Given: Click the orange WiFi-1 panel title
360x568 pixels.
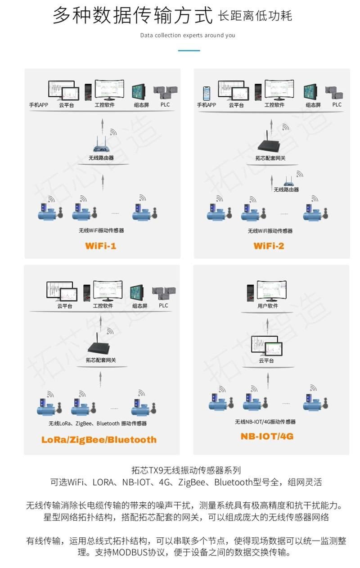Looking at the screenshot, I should [x=101, y=246].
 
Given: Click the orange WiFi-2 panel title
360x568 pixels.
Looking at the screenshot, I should [x=269, y=246].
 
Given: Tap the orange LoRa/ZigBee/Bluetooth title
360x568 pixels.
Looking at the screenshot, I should [x=99, y=440].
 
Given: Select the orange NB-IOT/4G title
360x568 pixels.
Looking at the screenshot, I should [x=267, y=436].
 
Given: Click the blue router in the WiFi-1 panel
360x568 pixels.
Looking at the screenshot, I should [x=102, y=145].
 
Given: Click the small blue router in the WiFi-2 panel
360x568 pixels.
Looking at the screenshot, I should [x=288, y=181].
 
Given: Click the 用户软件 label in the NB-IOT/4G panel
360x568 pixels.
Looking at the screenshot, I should [x=268, y=306].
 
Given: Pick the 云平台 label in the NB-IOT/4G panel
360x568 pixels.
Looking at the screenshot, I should [x=266, y=361].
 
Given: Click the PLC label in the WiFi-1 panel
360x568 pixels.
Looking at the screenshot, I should [x=166, y=104].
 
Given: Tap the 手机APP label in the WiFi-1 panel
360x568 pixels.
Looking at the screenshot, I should [x=39, y=105].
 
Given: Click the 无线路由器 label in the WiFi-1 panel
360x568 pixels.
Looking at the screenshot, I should [x=101, y=158].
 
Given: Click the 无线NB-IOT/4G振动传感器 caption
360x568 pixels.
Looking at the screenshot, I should [x=265, y=422].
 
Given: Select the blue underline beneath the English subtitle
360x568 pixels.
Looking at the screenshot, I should [x=189, y=50].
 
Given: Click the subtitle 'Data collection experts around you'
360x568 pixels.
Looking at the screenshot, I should [x=188, y=35].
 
